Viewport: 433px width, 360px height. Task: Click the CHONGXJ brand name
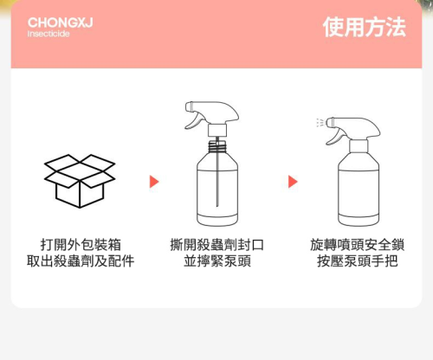61,22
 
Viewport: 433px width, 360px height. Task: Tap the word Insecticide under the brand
48,34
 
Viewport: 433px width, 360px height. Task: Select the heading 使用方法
365,27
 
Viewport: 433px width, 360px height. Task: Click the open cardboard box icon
80,181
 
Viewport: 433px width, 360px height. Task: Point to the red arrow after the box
154,182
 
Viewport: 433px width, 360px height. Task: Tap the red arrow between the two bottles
293,182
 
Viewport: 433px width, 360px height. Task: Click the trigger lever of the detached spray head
194,120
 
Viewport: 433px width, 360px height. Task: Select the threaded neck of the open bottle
217,147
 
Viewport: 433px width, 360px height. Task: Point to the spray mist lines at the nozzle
320,123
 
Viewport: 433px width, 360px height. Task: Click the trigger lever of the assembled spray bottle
335,137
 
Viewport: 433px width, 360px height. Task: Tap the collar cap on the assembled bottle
359,146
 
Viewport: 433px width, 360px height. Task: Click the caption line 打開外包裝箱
81,245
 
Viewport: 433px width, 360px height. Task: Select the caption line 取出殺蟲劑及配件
81,261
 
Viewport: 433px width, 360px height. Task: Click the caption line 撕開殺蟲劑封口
217,245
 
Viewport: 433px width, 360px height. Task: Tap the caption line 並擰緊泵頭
217,261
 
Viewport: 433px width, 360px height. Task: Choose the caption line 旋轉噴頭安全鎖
358,245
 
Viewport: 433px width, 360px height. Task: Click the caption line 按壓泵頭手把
358,261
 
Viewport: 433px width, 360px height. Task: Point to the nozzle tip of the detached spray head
189,106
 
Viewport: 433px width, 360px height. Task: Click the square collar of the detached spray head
217,130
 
